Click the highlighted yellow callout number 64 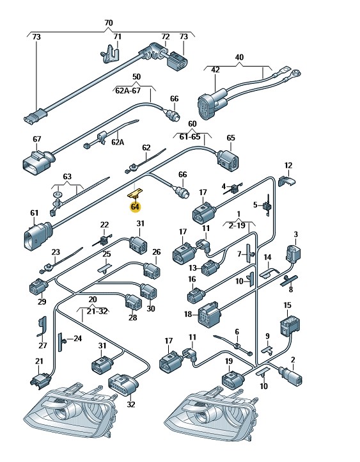point(135,207)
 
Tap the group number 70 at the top point(109,22)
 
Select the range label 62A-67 point(128,90)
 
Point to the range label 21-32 point(95,311)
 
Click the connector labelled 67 point(38,161)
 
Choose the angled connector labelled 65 point(228,160)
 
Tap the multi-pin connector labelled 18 point(208,314)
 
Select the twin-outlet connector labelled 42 point(212,103)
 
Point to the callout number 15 point(287,305)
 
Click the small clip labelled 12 point(286,180)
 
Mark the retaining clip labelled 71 point(110,54)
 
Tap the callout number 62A point(118,142)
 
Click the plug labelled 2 point(292,376)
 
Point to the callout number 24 point(77,339)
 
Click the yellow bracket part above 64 point(135,193)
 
